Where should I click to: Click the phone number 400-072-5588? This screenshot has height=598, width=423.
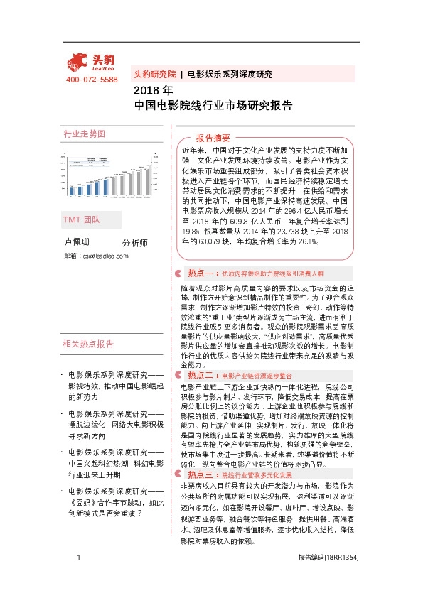point(92,80)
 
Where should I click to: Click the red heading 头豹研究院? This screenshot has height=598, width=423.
point(155,74)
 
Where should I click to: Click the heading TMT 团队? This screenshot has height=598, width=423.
point(82,221)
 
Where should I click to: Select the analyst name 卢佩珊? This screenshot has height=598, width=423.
point(77,243)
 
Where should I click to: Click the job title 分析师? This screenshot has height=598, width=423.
point(134,243)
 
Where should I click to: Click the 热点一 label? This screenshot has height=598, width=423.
point(200,272)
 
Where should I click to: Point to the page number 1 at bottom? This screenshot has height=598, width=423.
point(77,578)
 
